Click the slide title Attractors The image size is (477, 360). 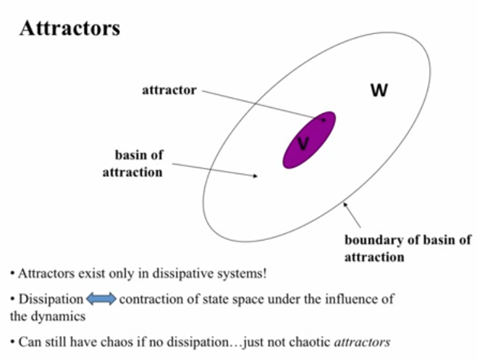point(70,28)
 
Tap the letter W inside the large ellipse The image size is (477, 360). point(379,90)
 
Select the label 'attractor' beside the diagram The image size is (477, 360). point(169,90)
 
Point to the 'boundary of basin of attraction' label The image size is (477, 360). point(407,248)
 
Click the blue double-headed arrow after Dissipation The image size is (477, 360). point(101,299)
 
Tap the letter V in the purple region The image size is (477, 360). point(303,144)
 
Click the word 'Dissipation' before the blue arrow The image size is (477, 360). point(51,299)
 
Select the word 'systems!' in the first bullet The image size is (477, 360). point(241,273)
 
